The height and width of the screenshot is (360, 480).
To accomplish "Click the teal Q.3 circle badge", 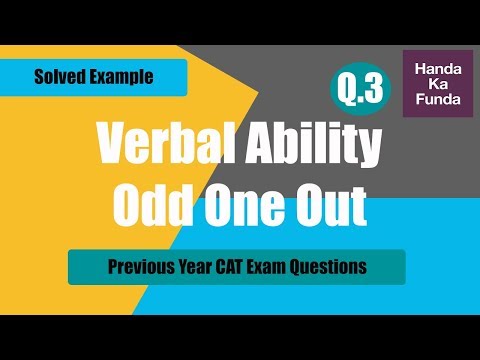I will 358,90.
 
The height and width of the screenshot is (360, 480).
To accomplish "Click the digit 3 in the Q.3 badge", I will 371,90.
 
